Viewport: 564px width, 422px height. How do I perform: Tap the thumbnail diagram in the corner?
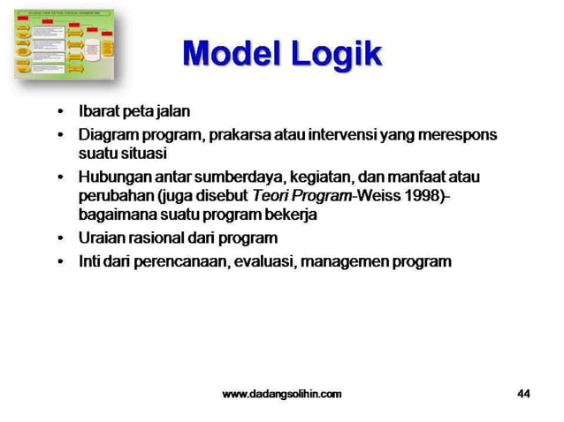pos(64,44)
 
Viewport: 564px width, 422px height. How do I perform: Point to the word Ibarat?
pos(99,113)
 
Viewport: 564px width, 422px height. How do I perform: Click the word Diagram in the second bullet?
pos(104,136)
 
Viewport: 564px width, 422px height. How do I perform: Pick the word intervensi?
pos(344,136)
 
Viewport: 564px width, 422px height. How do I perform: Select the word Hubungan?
pos(110,177)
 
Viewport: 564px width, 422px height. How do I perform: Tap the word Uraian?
pos(100,237)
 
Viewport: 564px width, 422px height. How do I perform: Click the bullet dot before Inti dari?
pos(60,261)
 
